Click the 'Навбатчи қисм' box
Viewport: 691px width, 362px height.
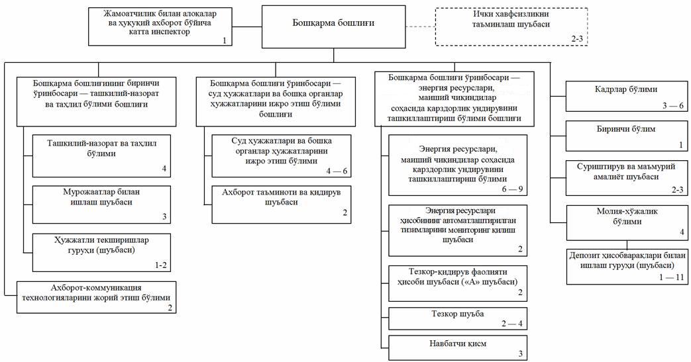458,347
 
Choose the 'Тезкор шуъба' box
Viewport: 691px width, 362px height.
458,318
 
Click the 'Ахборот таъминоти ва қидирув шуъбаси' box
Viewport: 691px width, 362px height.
281,204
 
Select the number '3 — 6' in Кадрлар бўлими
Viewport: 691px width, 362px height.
671,107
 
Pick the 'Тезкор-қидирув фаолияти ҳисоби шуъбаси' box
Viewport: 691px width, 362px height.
458,281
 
